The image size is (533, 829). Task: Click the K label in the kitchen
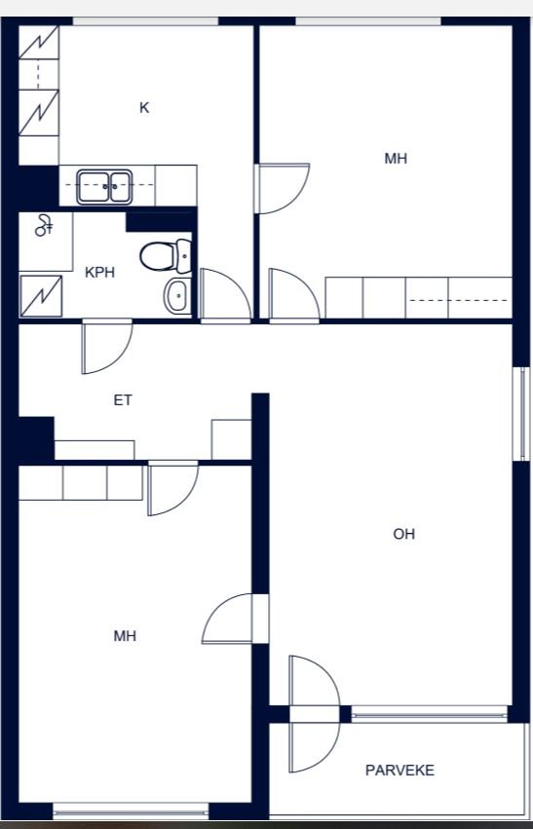[144, 108]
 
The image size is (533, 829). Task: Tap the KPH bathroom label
[100, 273]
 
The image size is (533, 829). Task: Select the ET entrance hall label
[123, 400]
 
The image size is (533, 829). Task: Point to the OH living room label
[404, 534]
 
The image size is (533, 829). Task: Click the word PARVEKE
[400, 771]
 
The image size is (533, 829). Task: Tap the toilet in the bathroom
[166, 256]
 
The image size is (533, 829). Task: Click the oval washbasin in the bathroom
[177, 295]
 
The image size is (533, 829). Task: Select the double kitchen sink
[104, 187]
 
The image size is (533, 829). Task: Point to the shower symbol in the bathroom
[44, 225]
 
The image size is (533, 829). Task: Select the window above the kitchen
[145, 21]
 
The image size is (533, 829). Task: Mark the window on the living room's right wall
[521, 414]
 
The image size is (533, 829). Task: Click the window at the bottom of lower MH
[132, 810]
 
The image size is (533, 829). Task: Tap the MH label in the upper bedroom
[396, 159]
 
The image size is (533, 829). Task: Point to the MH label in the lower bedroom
[125, 635]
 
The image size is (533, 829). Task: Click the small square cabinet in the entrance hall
[231, 439]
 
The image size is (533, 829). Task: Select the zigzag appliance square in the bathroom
[41, 296]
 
